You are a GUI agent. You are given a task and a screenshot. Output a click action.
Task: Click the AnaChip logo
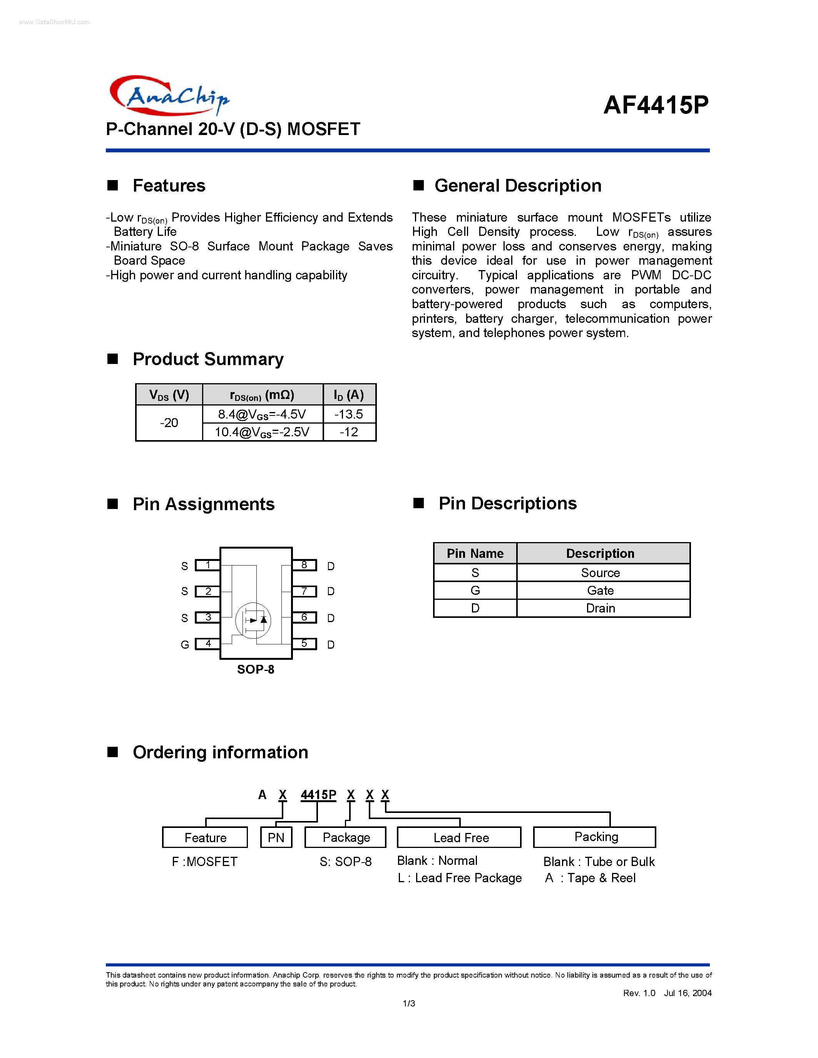(169, 95)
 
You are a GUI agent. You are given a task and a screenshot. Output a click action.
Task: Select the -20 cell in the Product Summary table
(169, 423)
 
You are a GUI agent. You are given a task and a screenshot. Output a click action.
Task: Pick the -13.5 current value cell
(349, 414)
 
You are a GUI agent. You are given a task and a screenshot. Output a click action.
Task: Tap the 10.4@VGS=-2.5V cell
(262, 432)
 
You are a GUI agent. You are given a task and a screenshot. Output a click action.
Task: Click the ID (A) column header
(349, 395)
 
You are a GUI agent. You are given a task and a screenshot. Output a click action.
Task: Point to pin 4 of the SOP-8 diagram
(207, 644)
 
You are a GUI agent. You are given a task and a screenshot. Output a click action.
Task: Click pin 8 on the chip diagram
(304, 565)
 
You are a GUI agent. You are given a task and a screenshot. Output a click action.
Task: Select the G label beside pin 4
(185, 645)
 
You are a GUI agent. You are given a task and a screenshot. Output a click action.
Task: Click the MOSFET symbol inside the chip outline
(253, 621)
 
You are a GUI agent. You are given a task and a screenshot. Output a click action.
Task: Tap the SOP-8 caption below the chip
(255, 669)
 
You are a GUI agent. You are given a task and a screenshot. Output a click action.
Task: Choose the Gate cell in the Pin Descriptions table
(600, 591)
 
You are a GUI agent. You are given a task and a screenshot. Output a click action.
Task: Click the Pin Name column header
(475, 553)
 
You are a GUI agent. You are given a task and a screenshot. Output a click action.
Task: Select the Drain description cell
(600, 609)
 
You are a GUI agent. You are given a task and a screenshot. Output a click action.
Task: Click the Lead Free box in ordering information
(459, 838)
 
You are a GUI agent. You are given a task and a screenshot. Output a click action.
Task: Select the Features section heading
(169, 185)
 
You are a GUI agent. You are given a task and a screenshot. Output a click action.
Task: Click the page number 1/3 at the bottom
(408, 1003)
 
